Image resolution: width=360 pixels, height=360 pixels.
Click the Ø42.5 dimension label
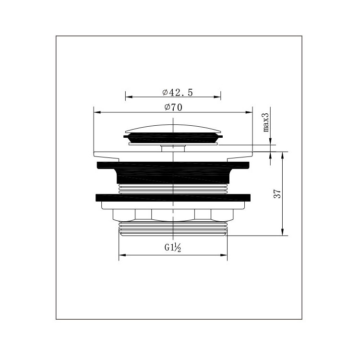178,92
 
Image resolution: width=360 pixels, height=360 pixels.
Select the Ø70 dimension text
174,107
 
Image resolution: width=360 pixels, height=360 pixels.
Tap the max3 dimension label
266,122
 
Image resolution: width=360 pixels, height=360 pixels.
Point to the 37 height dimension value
277,194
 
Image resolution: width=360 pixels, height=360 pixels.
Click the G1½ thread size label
173,248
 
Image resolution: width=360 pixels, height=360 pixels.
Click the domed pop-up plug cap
173,129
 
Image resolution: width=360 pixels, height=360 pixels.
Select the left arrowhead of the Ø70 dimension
97,112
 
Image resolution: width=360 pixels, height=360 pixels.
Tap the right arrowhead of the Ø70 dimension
249,112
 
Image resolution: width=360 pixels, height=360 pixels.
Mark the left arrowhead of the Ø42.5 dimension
129,97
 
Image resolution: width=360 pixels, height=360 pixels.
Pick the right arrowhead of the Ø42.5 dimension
217,97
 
